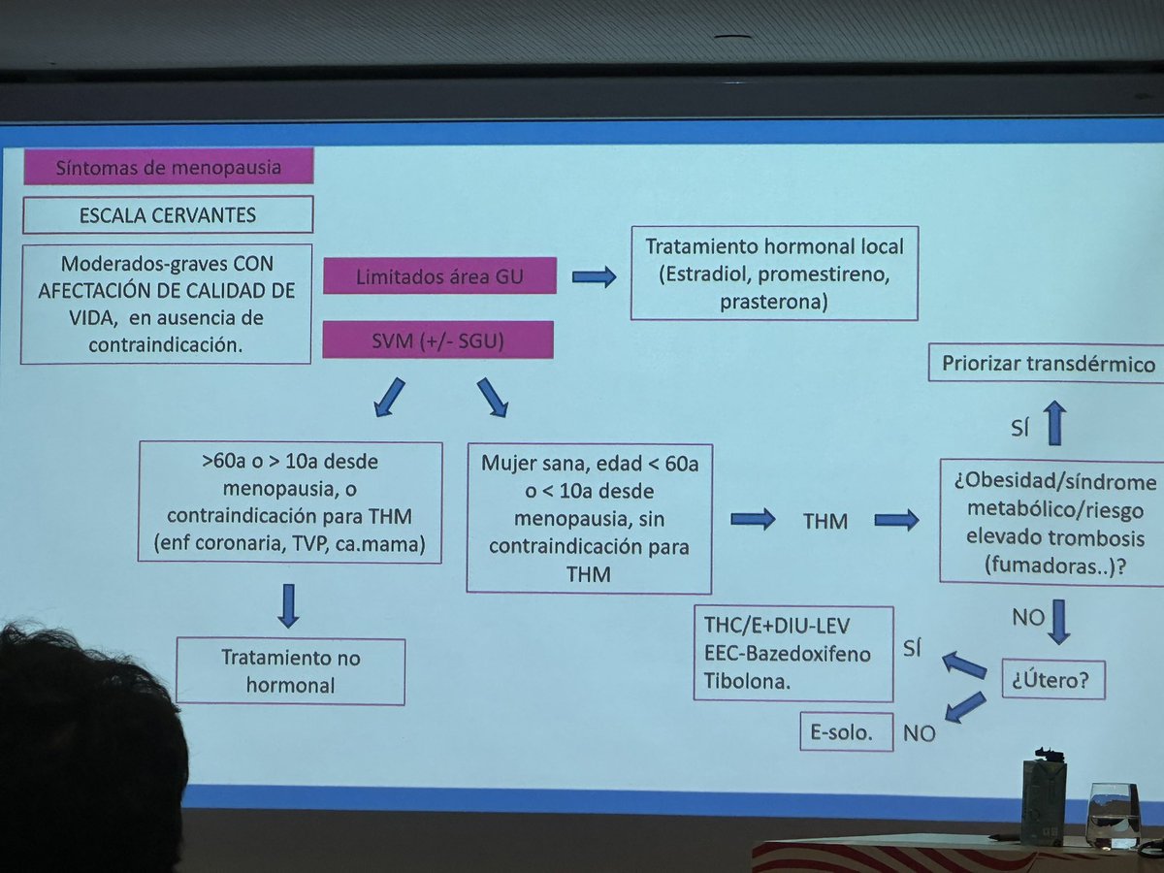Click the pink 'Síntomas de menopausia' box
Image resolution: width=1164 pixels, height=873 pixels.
[x=169, y=167]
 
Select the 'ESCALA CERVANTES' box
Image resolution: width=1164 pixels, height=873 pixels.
[x=168, y=214]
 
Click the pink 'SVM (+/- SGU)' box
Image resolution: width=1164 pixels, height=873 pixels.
[x=437, y=339]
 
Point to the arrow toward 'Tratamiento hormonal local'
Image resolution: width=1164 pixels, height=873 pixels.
[x=594, y=277]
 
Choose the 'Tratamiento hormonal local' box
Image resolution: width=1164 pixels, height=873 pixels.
[x=774, y=274]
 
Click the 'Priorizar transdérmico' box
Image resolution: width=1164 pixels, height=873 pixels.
[x=1048, y=365]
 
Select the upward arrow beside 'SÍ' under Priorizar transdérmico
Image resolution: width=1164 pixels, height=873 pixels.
[x=1056, y=424]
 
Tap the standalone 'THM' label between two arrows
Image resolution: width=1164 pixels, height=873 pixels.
[x=825, y=522]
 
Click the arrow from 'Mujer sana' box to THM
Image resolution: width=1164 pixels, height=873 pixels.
[x=752, y=520]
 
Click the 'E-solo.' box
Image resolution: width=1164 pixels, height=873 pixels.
[x=835, y=733]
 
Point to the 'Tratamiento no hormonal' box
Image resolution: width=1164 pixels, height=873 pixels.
[x=290, y=671]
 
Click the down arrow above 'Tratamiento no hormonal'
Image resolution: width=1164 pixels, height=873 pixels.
[x=288, y=604]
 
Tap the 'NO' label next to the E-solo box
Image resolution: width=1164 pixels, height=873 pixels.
[x=919, y=733]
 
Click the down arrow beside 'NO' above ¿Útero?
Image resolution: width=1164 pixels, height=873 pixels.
[x=1058, y=621]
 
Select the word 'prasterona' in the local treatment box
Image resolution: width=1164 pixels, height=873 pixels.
[x=774, y=302]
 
